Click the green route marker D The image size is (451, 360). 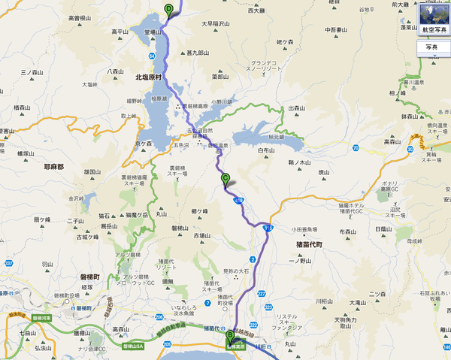(x=168, y=10)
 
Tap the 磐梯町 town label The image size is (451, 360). (x=94, y=277)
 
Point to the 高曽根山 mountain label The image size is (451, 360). (x=80, y=17)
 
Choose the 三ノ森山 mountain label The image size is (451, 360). (x=35, y=71)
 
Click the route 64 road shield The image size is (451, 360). (x=152, y=57)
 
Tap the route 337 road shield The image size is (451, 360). (x=8, y=263)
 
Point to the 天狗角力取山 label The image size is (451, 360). (x=343, y=319)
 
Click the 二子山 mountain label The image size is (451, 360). (x=75, y=221)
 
